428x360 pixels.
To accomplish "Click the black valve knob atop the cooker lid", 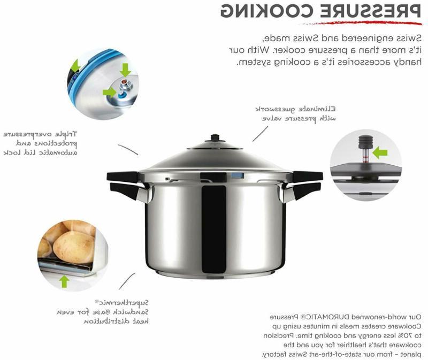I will pyautogui.click(x=216, y=138).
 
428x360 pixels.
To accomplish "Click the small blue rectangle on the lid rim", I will pyautogui.click(x=239, y=175).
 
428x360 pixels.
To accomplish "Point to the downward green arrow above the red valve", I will pyautogui.click(x=125, y=70).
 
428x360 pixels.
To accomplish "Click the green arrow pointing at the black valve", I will pyautogui.click(x=380, y=154).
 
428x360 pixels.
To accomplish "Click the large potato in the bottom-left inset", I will pyautogui.click(x=74, y=247).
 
